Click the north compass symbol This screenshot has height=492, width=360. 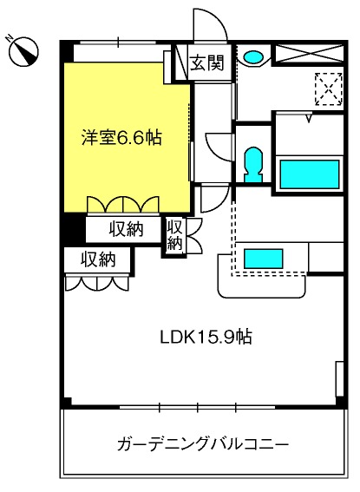(x=23, y=51)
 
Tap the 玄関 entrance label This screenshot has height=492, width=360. (x=207, y=62)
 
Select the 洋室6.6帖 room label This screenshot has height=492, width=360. (x=122, y=138)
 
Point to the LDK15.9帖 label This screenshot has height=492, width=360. (x=206, y=338)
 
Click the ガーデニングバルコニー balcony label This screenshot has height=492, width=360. (x=203, y=444)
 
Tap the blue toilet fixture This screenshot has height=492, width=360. (x=253, y=164)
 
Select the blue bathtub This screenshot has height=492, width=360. (x=310, y=174)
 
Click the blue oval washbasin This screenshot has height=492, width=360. (x=253, y=56)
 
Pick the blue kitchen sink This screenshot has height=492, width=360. (x=264, y=259)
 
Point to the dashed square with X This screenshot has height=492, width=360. (x=328, y=89)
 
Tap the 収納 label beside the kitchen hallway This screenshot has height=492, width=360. (x=175, y=235)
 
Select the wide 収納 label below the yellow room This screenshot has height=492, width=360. (x=126, y=229)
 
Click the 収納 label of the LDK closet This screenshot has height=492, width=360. (x=99, y=259)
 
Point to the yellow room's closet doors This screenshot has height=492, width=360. (x=123, y=205)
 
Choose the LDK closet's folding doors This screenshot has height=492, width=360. (x=97, y=282)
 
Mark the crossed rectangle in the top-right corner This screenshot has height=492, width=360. (x=310, y=55)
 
